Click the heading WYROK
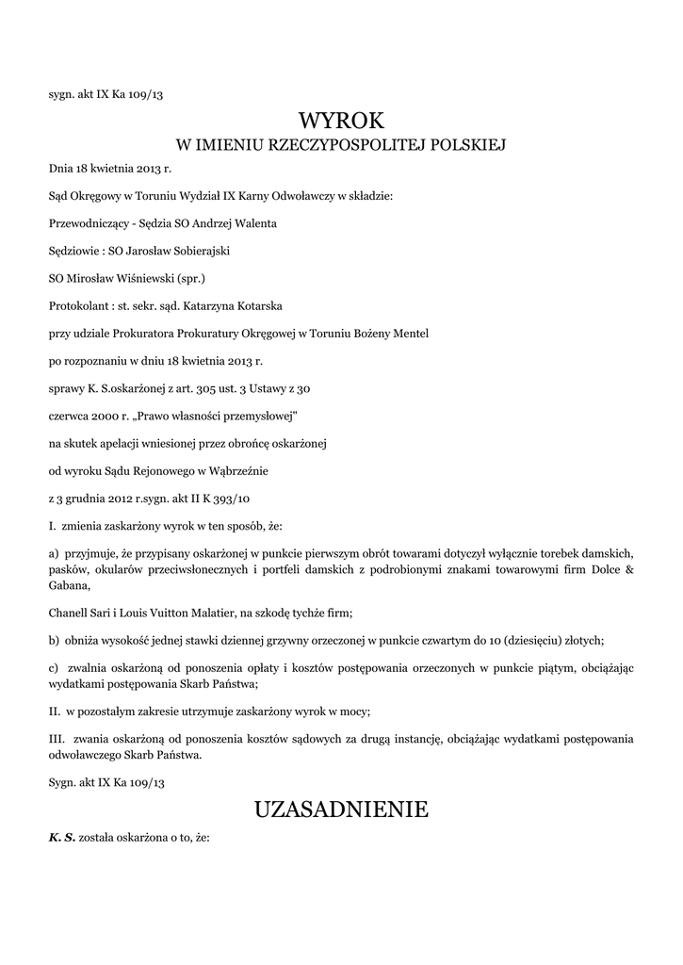pyautogui.click(x=341, y=121)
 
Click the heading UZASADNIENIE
pyautogui.click(x=341, y=809)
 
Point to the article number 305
pyautogui.click(x=251, y=388)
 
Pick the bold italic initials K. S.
pyautogui.click(x=62, y=836)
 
